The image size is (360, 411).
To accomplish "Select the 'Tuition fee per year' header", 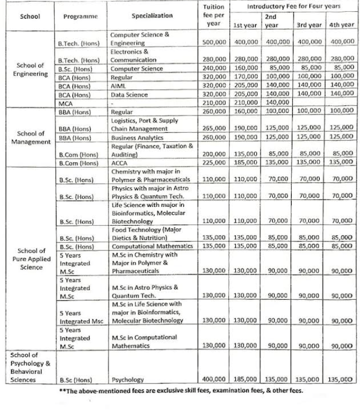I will click(x=214, y=16).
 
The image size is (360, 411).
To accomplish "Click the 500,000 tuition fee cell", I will click(x=214, y=42).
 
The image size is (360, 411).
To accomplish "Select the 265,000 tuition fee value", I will click(x=214, y=129).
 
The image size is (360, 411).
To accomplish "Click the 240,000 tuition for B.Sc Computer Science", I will click(x=214, y=68).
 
